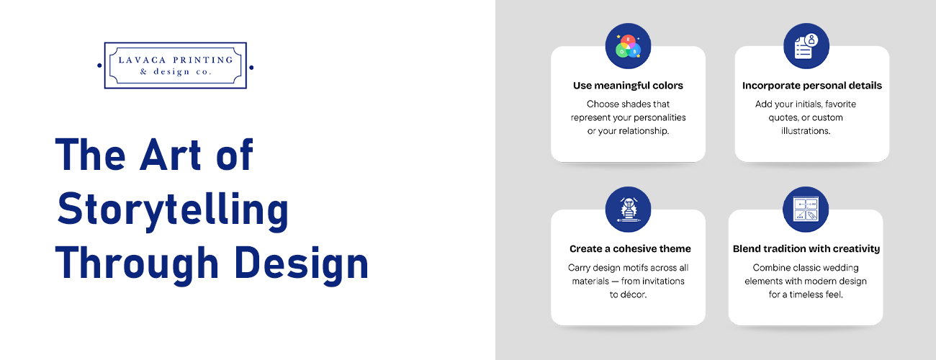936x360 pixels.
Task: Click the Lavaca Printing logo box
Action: point(175,65)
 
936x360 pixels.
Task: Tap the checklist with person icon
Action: point(806,46)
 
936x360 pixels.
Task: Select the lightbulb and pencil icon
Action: point(628,210)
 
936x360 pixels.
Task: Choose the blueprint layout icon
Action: point(806,210)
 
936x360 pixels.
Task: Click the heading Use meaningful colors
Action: point(628,86)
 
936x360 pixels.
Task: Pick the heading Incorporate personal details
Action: point(811,86)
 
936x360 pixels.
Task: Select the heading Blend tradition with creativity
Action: point(806,249)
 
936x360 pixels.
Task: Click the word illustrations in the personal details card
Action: point(806,131)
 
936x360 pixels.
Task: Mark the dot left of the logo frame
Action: point(99,66)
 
